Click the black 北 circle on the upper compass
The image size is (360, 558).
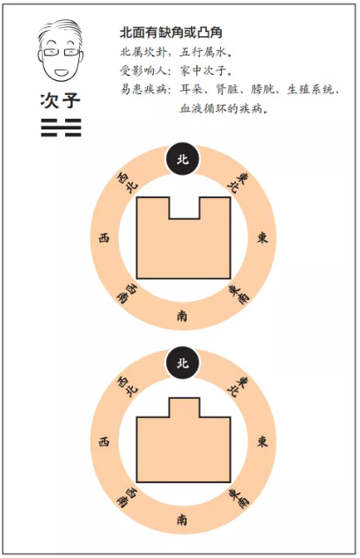182,158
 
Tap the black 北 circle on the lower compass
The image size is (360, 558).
182,363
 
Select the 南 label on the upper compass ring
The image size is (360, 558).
182,316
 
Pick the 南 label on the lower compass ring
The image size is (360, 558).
182,520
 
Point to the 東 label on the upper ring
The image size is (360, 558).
262,238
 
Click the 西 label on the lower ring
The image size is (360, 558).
104,442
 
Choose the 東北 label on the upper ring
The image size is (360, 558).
238,182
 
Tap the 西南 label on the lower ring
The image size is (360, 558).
127,497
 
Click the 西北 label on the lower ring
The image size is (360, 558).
128,386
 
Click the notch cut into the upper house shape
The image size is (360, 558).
184,208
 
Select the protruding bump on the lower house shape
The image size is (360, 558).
184,407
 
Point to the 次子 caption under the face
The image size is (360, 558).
61,100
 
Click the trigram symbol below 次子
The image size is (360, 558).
61,128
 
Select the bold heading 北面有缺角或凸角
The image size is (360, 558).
171,33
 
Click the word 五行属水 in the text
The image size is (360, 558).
202,53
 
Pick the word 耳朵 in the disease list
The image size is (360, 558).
191,89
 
